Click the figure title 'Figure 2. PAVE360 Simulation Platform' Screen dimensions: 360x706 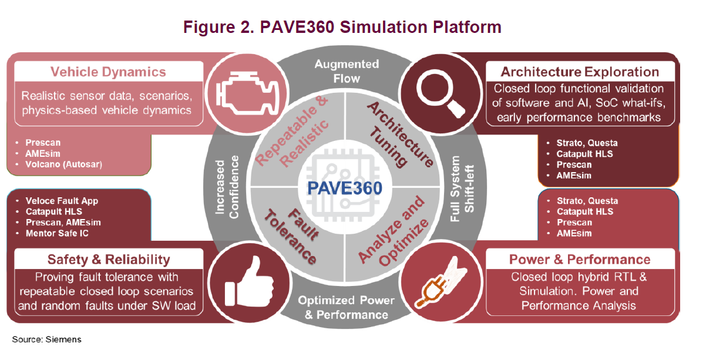click(x=342, y=27)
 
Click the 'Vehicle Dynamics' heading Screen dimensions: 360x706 click(x=108, y=72)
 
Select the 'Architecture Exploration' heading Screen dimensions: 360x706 click(x=579, y=72)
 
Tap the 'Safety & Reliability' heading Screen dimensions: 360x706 click(x=109, y=260)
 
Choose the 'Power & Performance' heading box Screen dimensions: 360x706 click(x=579, y=260)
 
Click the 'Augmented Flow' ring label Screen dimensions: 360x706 click(x=347, y=70)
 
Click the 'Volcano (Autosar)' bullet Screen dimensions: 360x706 click(x=63, y=164)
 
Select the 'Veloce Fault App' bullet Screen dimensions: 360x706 click(x=62, y=201)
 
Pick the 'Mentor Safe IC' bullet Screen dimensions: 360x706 click(x=58, y=234)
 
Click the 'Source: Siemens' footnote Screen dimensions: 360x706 click(x=46, y=339)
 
